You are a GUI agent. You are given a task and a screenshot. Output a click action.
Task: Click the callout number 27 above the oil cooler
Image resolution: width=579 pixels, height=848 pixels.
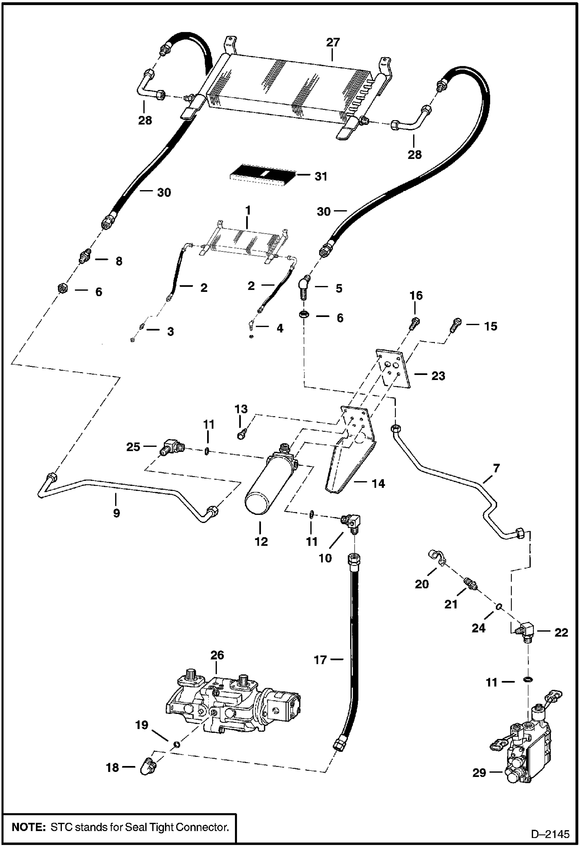[x=332, y=42]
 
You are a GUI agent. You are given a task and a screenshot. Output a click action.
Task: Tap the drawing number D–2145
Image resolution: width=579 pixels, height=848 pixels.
[x=550, y=834]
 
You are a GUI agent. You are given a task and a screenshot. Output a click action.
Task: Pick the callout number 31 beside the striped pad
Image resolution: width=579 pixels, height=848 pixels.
[x=321, y=176]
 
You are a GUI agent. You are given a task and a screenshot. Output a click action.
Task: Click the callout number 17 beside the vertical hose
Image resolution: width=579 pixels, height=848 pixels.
[x=320, y=659]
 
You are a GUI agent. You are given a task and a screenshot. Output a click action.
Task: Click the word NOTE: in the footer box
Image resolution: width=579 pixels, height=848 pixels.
[x=27, y=827]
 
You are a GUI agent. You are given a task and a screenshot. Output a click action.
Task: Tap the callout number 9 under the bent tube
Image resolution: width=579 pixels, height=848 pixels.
[x=116, y=513]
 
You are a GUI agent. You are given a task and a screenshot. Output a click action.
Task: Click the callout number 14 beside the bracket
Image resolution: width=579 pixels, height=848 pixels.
[x=378, y=483]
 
